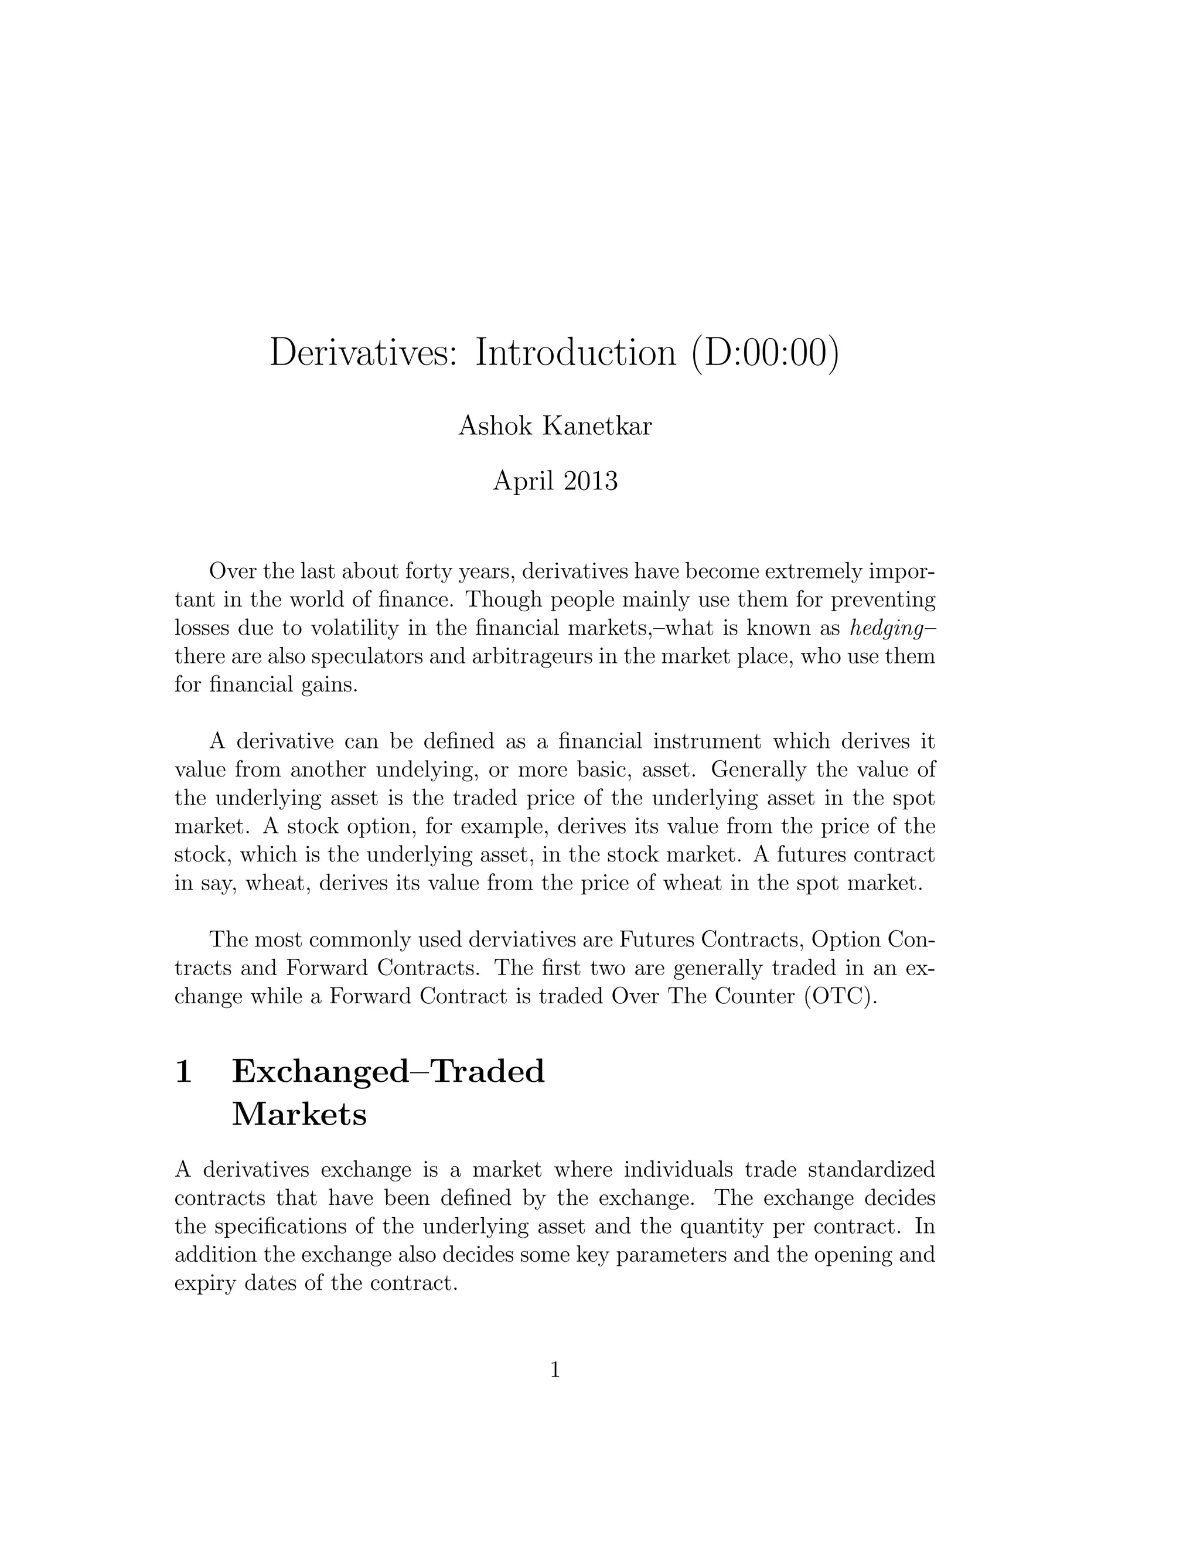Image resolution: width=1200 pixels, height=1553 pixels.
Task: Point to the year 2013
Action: click(590, 481)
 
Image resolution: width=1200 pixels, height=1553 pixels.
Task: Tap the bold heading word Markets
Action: click(299, 1114)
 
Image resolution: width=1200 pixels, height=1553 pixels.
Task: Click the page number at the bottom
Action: click(555, 1370)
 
